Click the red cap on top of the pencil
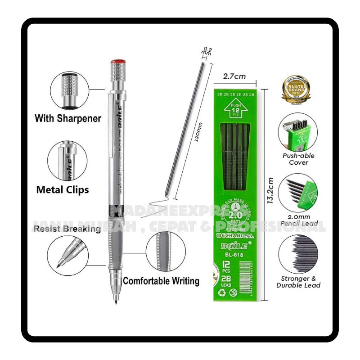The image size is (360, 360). click(x=117, y=61)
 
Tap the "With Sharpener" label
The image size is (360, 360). click(x=68, y=119)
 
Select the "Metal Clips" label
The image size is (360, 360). click(x=63, y=189)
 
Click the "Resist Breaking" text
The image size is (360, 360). click(x=67, y=229)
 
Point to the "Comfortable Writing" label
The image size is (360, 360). click(x=161, y=281)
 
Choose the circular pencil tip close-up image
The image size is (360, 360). click(x=68, y=256)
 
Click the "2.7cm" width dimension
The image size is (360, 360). click(x=234, y=76)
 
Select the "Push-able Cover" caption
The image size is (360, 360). click(x=298, y=159)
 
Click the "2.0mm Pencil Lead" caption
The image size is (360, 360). click(x=298, y=220)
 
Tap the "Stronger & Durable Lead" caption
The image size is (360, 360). click(x=298, y=282)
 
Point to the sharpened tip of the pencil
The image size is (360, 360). click(x=117, y=301)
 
